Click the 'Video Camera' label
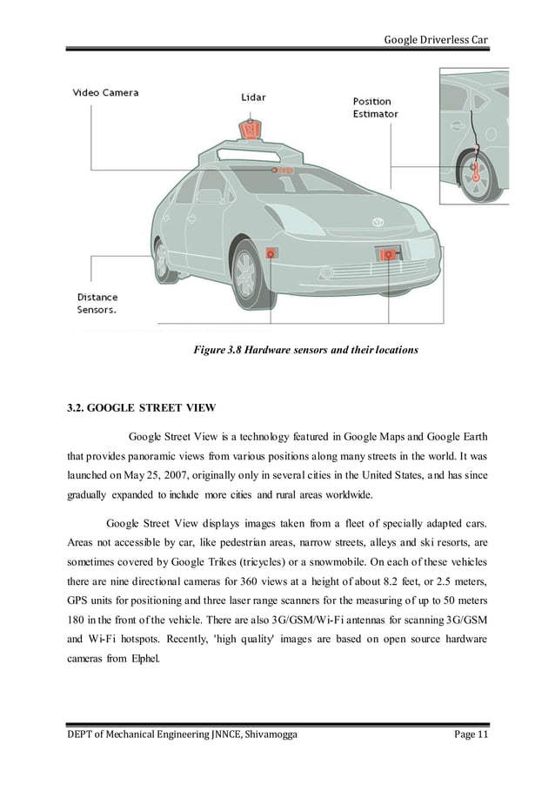[104, 92]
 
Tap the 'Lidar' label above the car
[254, 97]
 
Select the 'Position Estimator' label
[376, 107]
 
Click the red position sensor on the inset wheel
[476, 171]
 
